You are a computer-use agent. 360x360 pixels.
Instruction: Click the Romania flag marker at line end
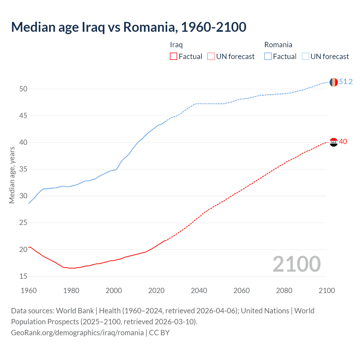tap(334, 82)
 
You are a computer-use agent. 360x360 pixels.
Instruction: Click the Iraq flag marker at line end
tap(334, 142)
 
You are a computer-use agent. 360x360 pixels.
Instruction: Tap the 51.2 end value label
tap(346, 82)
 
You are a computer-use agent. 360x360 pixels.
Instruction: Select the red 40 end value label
tap(343, 141)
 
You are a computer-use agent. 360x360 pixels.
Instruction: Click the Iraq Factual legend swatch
tap(174, 57)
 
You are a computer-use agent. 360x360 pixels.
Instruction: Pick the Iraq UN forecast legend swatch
tap(211, 57)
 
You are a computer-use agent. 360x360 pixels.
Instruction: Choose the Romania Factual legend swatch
tap(268, 57)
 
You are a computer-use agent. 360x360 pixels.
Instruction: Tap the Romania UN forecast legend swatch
tap(305, 57)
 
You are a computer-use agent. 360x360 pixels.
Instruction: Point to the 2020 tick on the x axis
tap(156, 291)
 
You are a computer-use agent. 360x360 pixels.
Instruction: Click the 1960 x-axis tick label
tap(29, 291)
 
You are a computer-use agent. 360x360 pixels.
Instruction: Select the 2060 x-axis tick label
tap(242, 291)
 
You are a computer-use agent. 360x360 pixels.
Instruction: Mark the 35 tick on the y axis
tap(23, 169)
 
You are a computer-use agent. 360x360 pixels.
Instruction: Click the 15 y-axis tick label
tap(23, 276)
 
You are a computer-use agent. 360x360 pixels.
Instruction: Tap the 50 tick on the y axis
tap(23, 89)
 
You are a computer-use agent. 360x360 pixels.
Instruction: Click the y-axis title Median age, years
tap(12, 175)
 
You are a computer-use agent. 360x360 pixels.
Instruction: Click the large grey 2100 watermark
tap(296, 264)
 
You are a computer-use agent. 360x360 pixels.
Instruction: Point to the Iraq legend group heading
tap(176, 45)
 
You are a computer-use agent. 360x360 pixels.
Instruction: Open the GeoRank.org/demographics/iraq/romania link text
tap(77, 333)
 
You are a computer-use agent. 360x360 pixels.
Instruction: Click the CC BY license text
tap(159, 333)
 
